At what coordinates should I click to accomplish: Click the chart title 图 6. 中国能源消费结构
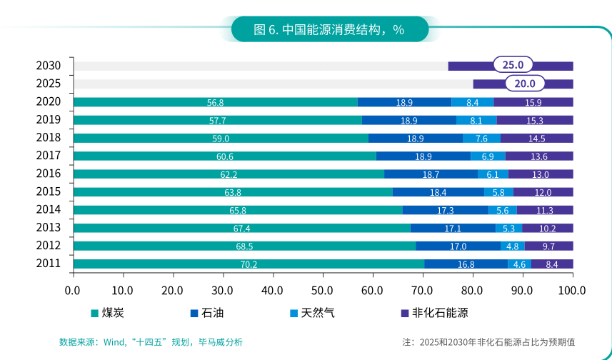[x=329, y=29]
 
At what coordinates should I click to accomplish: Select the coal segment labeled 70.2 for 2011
[x=249, y=264]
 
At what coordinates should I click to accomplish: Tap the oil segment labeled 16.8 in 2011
[x=466, y=264]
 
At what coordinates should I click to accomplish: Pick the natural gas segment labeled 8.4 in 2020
[x=472, y=102]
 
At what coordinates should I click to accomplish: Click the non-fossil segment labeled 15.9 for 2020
[x=533, y=102]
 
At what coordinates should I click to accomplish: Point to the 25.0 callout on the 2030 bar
[x=513, y=65]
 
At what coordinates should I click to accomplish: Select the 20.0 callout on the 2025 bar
[x=524, y=84]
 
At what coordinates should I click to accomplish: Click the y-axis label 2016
[x=48, y=174]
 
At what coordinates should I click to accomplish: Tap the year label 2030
[x=48, y=66]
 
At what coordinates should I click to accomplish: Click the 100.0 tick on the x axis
[x=572, y=291]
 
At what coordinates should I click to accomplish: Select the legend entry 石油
[x=209, y=313]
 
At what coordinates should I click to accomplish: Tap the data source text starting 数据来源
[x=151, y=342]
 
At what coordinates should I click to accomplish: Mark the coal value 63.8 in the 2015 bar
[x=233, y=192]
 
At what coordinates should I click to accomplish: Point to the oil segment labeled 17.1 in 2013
[x=453, y=229]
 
